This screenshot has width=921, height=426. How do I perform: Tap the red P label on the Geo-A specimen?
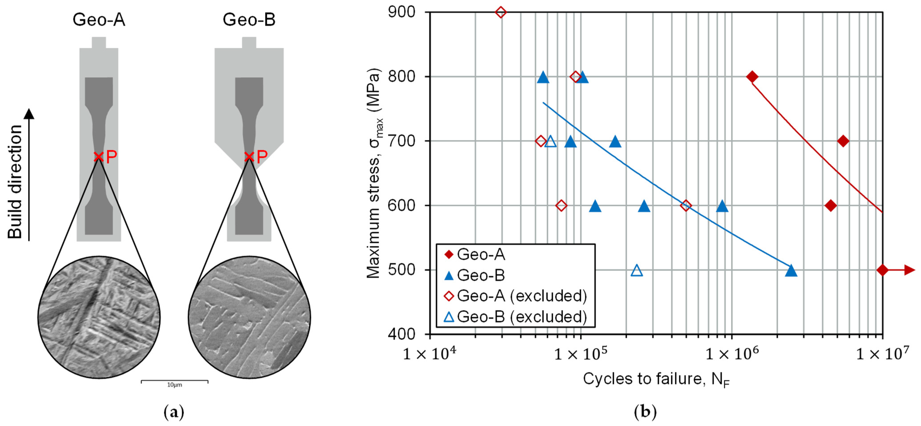[x=112, y=156]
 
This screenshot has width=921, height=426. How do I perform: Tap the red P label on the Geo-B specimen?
[x=262, y=156]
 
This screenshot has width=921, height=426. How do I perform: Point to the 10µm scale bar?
[x=174, y=382]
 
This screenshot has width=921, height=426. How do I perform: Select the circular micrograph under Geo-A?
[x=99, y=317]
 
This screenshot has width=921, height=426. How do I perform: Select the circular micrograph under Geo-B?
[x=249, y=317]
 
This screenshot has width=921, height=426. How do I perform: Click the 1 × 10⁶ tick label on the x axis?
[x=732, y=354]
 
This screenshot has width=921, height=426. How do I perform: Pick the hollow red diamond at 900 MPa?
[x=500, y=12]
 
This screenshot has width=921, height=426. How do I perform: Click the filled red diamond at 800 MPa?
[x=752, y=77]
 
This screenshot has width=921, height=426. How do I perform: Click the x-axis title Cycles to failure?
[x=656, y=379]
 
